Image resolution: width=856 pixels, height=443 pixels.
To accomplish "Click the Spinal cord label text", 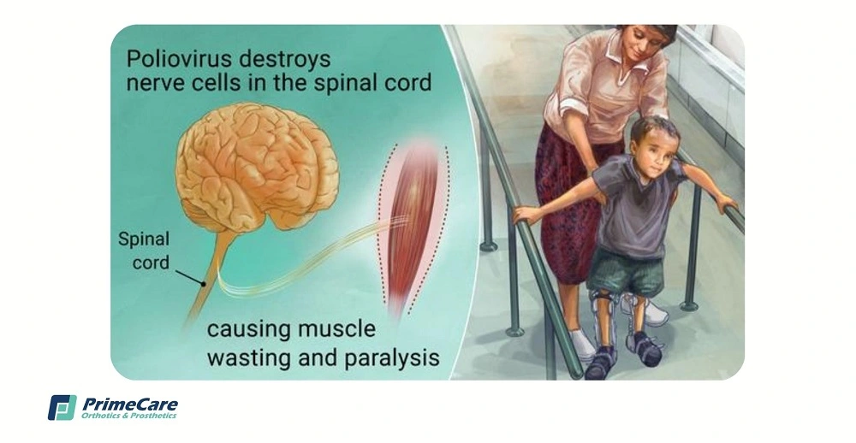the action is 144,251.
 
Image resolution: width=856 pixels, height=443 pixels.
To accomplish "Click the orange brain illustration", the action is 257,169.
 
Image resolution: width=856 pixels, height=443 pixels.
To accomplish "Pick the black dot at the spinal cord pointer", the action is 204,284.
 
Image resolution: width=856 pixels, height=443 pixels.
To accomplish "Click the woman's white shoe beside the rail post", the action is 581,345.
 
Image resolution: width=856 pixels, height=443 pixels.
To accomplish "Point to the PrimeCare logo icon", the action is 62,408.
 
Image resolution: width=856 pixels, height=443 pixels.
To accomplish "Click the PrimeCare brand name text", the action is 130,405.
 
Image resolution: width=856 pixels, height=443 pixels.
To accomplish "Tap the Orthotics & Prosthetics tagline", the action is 129,416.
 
